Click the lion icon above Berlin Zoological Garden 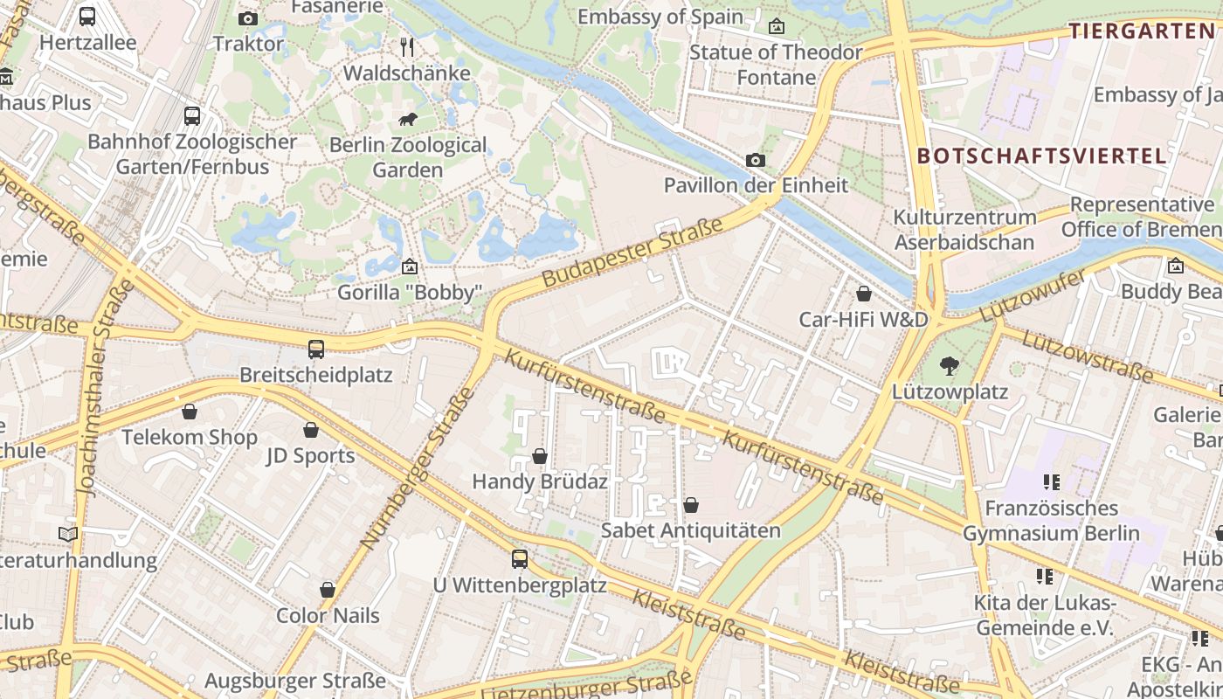click(x=408, y=120)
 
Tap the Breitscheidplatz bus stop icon click(x=316, y=349)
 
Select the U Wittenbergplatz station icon click(x=520, y=559)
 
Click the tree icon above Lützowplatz click(x=950, y=366)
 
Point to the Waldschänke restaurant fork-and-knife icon click(x=407, y=47)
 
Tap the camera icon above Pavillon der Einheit click(x=756, y=160)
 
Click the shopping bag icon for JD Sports click(x=311, y=430)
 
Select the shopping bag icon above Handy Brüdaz click(x=540, y=456)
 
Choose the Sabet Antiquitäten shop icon click(x=691, y=505)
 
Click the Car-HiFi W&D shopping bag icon click(x=864, y=294)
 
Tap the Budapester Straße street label click(x=632, y=253)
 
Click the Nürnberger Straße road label click(x=417, y=469)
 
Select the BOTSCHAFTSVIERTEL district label click(x=1041, y=156)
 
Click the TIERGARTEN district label click(x=1142, y=31)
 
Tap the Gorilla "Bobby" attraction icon click(x=409, y=266)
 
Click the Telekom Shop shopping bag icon click(x=190, y=412)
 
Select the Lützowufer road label click(x=1033, y=295)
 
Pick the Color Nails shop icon click(x=328, y=590)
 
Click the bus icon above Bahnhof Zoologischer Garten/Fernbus click(x=192, y=115)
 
